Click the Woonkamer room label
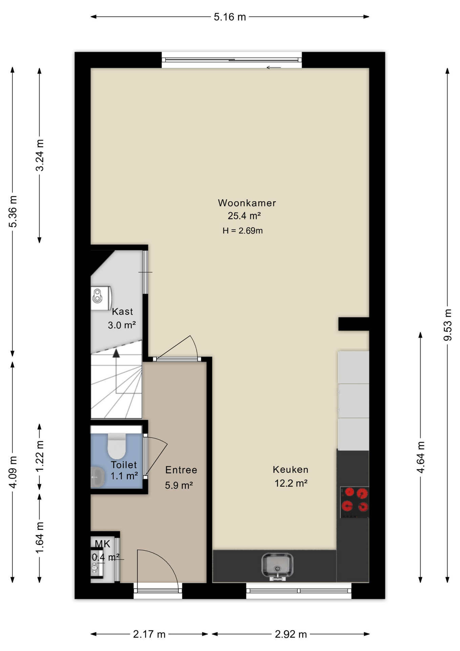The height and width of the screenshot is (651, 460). coord(247,203)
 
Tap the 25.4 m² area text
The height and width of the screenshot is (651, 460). coord(244,216)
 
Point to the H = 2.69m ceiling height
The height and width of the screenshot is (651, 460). coord(243,231)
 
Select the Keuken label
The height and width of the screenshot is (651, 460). coord(291,470)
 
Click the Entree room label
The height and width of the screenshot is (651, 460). coord(181,470)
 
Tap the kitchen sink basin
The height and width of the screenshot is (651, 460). coord(277,566)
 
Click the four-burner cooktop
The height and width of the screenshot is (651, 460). coord(355,502)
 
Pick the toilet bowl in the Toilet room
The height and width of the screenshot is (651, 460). coord(117,446)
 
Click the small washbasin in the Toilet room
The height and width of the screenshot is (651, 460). coord(98,477)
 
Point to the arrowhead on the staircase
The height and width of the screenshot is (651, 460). coord(116,354)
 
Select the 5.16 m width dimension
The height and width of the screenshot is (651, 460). coord(230,17)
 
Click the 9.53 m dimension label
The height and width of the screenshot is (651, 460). coord(447,325)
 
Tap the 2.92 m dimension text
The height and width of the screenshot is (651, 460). coord(291,634)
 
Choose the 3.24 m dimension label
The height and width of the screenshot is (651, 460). coord(40,155)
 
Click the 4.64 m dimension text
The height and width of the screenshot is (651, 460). coord(420,457)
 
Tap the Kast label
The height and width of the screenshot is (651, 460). coord(122,311)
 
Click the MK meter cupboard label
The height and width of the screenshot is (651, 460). coord(102,544)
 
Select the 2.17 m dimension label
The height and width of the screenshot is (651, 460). coord(149,634)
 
